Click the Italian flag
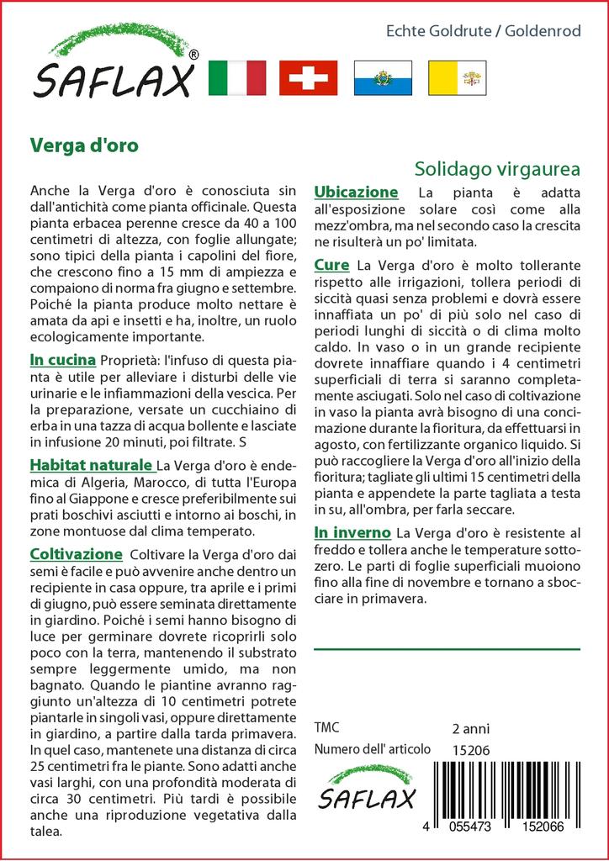pos(236,78)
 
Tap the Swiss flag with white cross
pos(308,78)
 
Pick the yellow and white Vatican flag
pos(455,78)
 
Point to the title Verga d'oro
pos(84,144)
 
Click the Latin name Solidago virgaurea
pos(497,168)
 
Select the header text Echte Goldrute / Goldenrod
pos(483,31)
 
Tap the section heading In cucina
pos(63,361)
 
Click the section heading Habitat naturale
pos(92,465)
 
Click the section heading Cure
pos(331,265)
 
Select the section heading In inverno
pos(352,532)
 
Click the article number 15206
pos(470,750)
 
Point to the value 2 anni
pos(470,728)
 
